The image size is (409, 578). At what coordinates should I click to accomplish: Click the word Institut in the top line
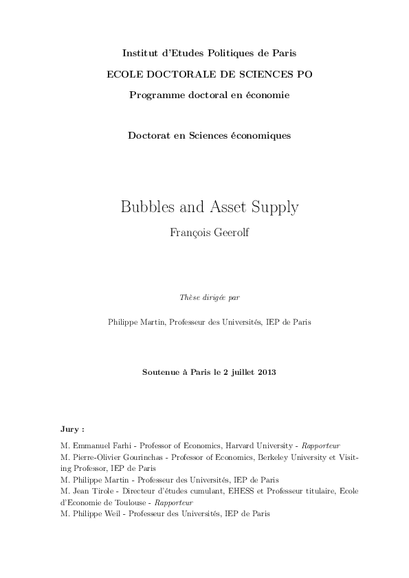coord(139,53)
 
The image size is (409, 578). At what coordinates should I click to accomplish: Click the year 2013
coord(267,372)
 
